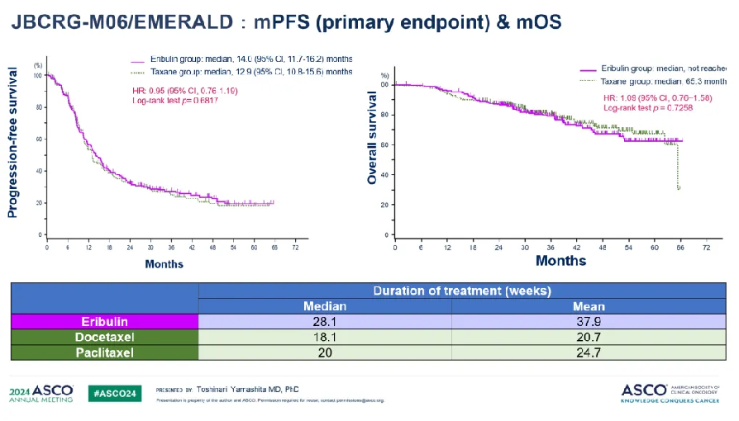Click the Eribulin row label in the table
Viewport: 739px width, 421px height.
(104, 322)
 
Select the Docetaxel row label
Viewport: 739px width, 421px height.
(104, 337)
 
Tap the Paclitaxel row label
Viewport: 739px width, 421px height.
(104, 352)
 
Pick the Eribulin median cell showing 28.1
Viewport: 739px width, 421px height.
(325, 322)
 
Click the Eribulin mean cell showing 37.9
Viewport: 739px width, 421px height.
(589, 322)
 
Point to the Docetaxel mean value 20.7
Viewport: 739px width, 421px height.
(589, 337)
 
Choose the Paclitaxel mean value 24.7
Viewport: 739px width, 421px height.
(589, 352)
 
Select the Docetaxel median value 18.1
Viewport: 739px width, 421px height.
(325, 337)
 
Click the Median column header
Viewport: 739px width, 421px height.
(325, 306)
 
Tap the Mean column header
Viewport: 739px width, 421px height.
(589, 306)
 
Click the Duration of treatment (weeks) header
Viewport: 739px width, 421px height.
(462, 291)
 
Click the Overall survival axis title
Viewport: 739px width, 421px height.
(372, 138)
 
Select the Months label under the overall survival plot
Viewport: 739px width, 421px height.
(560, 261)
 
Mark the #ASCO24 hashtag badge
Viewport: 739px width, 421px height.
(116, 393)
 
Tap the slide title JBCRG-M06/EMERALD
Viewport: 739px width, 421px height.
(124, 22)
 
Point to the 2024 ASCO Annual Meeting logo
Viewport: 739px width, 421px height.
(41, 393)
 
